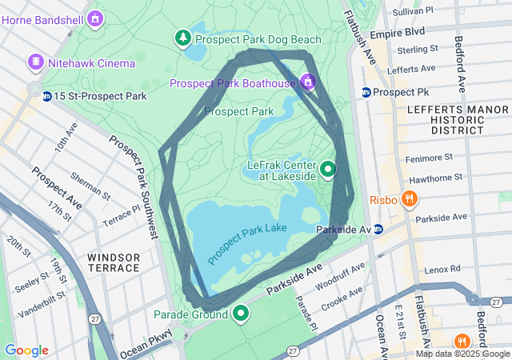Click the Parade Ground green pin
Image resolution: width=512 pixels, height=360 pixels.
point(240,314)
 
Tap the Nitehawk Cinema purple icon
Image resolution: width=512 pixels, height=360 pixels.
point(35,62)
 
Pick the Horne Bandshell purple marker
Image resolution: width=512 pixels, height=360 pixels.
point(96,17)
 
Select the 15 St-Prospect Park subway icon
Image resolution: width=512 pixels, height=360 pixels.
point(47,97)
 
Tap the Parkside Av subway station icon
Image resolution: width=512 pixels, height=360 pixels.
point(378,230)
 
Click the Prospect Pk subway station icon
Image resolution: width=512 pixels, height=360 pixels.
point(366,93)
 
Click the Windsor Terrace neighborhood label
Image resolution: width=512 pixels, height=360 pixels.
point(114,263)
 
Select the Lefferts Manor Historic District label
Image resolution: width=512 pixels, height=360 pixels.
point(446,118)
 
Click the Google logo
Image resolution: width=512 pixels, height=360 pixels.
point(26,350)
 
